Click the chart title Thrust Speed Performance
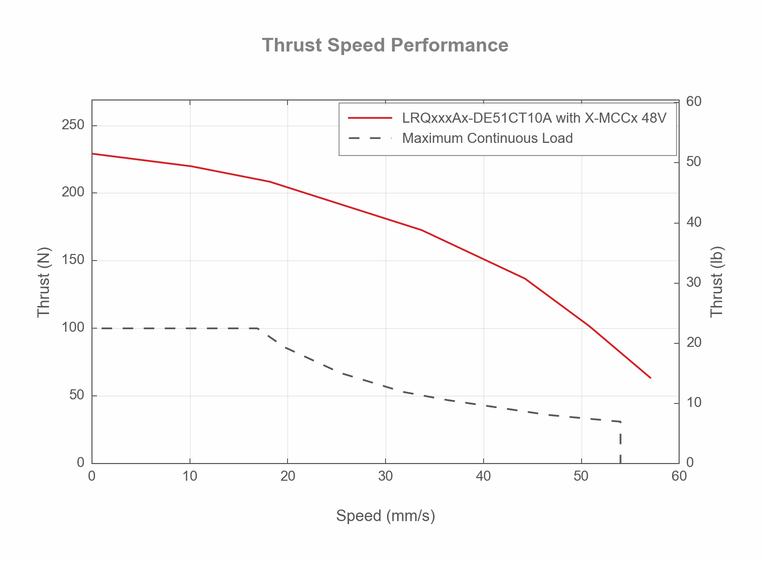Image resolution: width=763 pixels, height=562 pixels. pyautogui.click(x=385, y=45)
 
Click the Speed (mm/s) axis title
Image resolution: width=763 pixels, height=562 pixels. pyautogui.click(x=386, y=516)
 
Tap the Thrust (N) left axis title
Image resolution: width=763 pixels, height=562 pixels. pyautogui.click(x=44, y=282)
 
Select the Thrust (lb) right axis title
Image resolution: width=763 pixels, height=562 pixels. pyautogui.click(x=717, y=282)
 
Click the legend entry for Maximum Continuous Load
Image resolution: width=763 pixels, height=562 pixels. pyautogui.click(x=487, y=138)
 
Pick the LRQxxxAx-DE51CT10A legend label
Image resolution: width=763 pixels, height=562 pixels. pyautogui.click(x=534, y=118)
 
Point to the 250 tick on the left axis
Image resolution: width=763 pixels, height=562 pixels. pyautogui.click(x=73, y=125)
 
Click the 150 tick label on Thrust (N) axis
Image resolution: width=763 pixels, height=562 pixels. pyautogui.click(x=73, y=261)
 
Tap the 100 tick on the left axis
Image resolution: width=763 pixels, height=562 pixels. pyautogui.click(x=73, y=328)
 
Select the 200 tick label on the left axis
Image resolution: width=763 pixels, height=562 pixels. pyautogui.click(x=73, y=193)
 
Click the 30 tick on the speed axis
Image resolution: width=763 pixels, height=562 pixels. pyautogui.click(x=386, y=476)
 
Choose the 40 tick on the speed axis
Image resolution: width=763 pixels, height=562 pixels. pyautogui.click(x=484, y=476)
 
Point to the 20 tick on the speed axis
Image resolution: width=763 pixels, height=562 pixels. pyautogui.click(x=288, y=476)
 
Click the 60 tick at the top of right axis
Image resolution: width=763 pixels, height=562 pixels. pyautogui.click(x=694, y=101)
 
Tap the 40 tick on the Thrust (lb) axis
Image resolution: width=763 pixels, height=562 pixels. pyautogui.click(x=694, y=222)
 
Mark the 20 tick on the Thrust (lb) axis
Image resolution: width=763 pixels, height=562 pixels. pyautogui.click(x=694, y=342)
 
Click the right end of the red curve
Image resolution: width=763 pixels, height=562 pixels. pyautogui.click(x=650, y=377)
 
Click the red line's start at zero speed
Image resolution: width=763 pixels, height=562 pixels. pyautogui.click(x=92, y=154)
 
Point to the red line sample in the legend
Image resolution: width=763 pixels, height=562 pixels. pyautogui.click(x=370, y=118)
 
